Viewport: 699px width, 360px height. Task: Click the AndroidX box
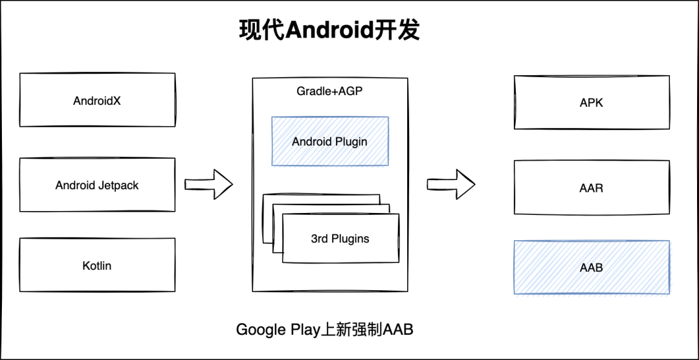click(x=97, y=100)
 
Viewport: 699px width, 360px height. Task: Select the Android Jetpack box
click(x=97, y=185)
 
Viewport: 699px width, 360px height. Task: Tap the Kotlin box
click(x=97, y=265)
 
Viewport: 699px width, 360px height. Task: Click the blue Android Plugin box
click(x=330, y=141)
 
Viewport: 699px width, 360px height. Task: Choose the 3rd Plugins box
click(x=340, y=238)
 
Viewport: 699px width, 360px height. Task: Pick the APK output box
click(x=592, y=102)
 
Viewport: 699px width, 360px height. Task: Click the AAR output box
click(x=592, y=188)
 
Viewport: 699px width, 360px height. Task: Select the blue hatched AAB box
click(x=592, y=267)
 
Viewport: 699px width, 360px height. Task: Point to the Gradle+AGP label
click(x=329, y=91)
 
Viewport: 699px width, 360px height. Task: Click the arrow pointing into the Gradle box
click(x=208, y=184)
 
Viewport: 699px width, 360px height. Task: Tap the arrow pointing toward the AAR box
click(x=450, y=184)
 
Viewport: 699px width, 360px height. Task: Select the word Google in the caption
click(x=260, y=330)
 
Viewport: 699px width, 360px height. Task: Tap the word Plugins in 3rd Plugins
click(x=350, y=238)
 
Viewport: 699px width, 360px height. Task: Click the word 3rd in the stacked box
click(x=319, y=238)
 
